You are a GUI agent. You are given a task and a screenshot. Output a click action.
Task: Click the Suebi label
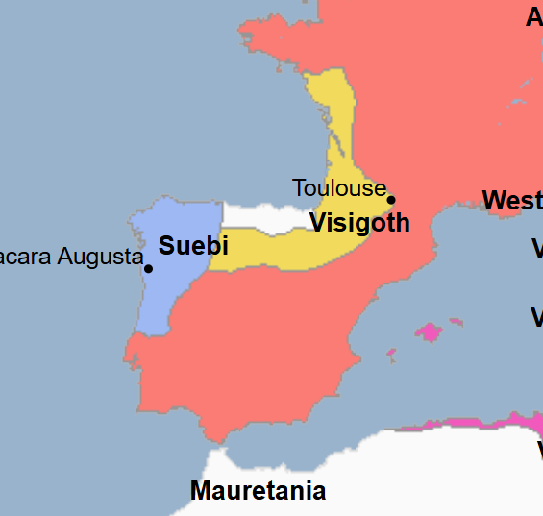[x=192, y=245]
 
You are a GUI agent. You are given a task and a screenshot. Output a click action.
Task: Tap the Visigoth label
[x=359, y=223]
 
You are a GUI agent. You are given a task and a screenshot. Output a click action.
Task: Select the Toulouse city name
[x=338, y=187]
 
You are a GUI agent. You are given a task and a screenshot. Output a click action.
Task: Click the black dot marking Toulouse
[x=391, y=200]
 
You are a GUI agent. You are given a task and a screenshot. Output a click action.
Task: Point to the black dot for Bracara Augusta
[x=148, y=268]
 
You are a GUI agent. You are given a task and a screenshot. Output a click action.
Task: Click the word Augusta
[x=100, y=257]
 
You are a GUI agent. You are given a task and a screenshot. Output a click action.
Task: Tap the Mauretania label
[x=258, y=491]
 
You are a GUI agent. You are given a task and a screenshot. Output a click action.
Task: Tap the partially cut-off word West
[x=512, y=201]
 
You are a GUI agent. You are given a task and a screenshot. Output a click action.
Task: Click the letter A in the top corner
[x=534, y=16]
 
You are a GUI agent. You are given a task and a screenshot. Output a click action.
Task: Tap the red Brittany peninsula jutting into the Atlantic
[x=269, y=38]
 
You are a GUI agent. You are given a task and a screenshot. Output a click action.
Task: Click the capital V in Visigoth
[x=319, y=223]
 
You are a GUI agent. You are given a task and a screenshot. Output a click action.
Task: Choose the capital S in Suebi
[x=166, y=245]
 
